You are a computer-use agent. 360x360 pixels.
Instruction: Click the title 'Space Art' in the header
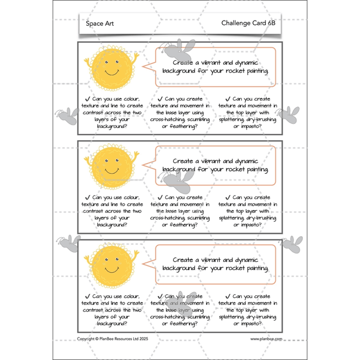tap(100, 24)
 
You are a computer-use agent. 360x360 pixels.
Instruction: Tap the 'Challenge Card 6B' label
tap(248, 23)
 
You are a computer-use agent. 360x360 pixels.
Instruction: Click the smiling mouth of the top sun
tap(112, 73)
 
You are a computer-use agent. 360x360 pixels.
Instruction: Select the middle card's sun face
tap(112, 166)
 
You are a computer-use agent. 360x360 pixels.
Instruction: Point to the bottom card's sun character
tap(112, 265)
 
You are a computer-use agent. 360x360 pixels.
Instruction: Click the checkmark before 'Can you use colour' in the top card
tap(87, 99)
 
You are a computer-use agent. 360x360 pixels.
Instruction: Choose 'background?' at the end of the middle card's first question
tap(112, 225)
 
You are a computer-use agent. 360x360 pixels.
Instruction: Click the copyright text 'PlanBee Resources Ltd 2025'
tap(124, 339)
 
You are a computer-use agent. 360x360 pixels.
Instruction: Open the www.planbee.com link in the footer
tap(266, 339)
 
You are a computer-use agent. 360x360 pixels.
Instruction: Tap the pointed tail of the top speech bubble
tap(142, 66)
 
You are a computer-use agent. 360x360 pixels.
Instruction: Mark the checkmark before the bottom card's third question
tap(227, 296)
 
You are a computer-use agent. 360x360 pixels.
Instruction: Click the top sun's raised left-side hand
tap(87, 62)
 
